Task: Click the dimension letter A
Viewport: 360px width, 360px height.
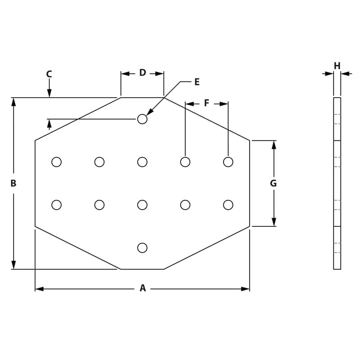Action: (143, 288)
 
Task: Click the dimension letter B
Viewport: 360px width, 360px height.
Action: (13, 183)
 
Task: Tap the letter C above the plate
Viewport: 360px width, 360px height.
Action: (49, 74)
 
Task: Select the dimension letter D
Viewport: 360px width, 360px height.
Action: (142, 73)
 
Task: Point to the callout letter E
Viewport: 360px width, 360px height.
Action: (197, 82)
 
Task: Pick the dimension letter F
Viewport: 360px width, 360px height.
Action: (207, 103)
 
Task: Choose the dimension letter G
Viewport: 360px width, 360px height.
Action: (273, 183)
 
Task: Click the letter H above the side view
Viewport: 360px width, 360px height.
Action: (337, 66)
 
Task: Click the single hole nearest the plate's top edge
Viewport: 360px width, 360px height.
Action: (142, 119)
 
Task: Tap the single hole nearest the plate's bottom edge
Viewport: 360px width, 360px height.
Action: (142, 247)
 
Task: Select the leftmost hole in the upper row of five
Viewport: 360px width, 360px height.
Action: (56, 162)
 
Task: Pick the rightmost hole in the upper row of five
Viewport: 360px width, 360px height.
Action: (228, 162)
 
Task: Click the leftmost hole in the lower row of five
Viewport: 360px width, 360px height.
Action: (56, 205)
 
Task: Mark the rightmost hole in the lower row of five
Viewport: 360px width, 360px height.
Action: (228, 205)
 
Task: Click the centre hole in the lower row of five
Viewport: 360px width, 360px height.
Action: (142, 205)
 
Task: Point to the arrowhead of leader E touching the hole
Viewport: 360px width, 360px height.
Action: (149, 112)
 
